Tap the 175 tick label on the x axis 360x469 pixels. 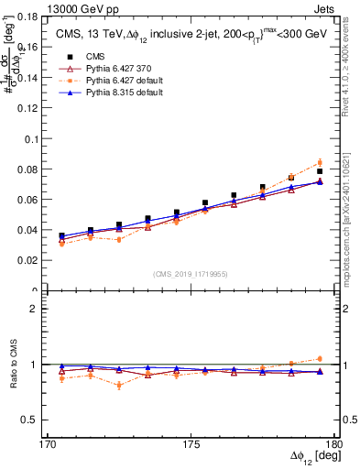pos(191,444)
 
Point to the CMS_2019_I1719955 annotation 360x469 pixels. pos(191,273)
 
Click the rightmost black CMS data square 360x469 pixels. pos(320,171)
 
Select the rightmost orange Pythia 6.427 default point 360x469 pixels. pos(320,163)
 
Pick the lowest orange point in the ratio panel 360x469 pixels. pos(119,386)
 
